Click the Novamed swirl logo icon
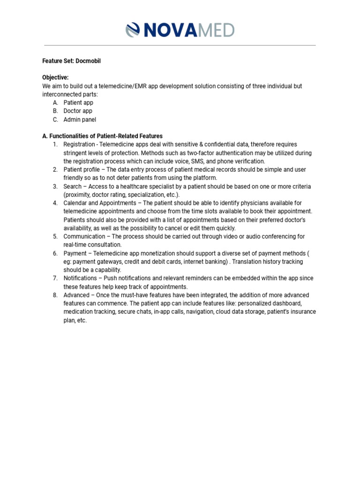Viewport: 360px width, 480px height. click(134, 30)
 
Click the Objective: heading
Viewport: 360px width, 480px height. click(55, 77)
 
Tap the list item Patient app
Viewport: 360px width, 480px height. click(78, 103)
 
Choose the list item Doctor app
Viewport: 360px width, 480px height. click(78, 111)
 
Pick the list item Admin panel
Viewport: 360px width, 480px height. click(80, 120)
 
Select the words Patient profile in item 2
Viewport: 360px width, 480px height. click(82, 170)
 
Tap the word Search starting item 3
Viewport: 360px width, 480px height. click(73, 187)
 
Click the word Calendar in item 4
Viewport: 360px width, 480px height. click(75, 203)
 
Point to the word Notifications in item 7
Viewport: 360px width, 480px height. click(80, 278)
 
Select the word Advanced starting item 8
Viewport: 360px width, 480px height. click(76, 295)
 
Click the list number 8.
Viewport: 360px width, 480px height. click(54, 295)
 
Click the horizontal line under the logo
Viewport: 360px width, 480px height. click(180, 45)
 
